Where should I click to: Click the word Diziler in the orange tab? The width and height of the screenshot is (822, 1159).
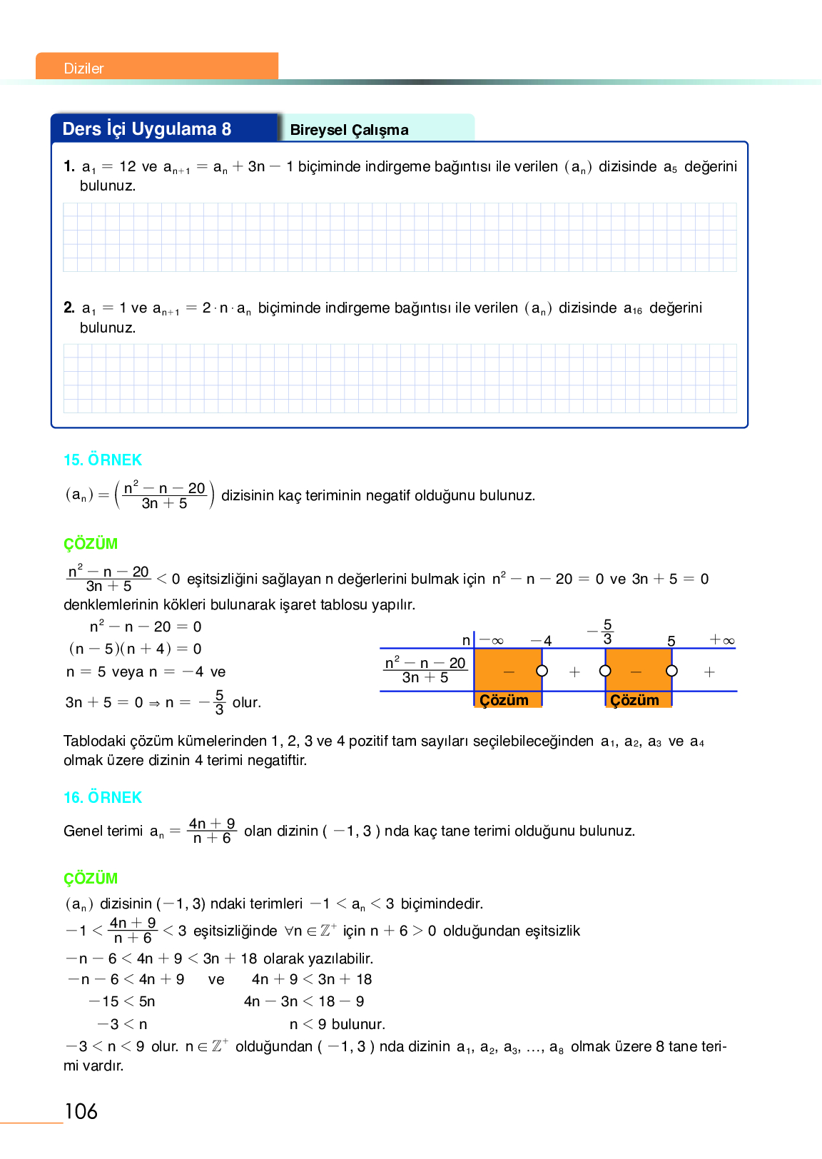pos(83,69)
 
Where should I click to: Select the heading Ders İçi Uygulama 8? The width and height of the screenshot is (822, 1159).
pos(147,129)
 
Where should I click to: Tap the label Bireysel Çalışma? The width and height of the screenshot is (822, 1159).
pos(349,130)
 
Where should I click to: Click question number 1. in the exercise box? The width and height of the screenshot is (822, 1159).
pos(68,166)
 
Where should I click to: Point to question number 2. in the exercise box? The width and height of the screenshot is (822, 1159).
pos(68,308)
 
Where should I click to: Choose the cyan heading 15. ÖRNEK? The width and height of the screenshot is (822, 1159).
pos(103,460)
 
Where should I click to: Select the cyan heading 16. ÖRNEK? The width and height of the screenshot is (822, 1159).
pos(103,798)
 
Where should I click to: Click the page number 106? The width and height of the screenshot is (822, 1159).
pos(81,1111)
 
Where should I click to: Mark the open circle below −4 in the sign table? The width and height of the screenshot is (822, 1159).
pos(542,671)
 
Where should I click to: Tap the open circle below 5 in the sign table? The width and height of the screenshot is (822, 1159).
pos(671,671)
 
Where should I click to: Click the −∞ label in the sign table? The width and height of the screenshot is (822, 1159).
pos(491,641)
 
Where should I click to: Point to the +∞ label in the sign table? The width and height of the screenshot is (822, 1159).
pos(721,640)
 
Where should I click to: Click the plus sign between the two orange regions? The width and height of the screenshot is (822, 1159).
pos(574,672)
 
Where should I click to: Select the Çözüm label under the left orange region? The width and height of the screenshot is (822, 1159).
pos(504,700)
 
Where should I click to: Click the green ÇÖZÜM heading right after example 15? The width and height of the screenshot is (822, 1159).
pos(91,544)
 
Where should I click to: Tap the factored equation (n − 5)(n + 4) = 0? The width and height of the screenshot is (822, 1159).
pos(135,649)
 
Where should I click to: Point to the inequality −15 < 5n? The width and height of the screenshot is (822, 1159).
pos(122,1001)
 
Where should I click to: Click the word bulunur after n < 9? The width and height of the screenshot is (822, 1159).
pos(358,1024)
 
